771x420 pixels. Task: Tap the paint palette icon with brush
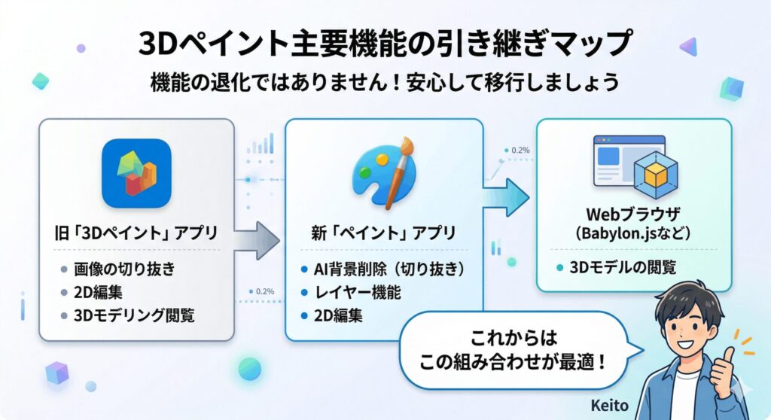[x=383, y=174]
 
